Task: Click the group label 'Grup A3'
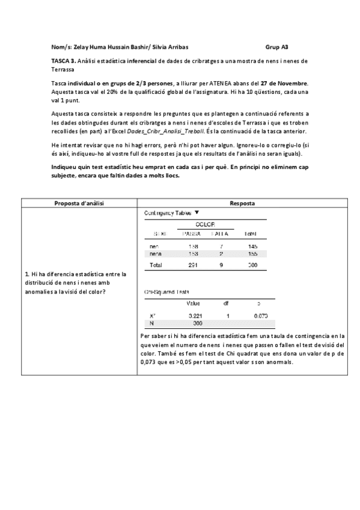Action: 276,46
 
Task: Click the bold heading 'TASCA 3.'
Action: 64,61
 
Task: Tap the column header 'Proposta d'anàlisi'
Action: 79,203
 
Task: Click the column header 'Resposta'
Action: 242,203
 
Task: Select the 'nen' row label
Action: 154,247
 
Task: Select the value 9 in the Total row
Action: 222,265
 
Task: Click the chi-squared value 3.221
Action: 194,315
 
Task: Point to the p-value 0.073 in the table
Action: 260,315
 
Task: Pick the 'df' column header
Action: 226,303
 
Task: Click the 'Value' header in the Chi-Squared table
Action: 194,303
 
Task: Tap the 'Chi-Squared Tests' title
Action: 166,292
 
